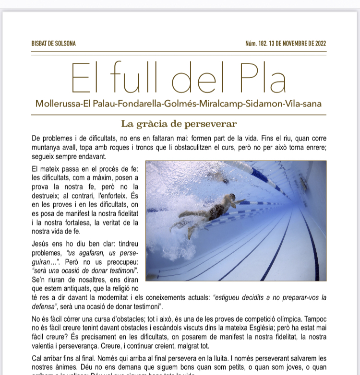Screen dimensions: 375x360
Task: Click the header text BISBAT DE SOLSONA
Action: tap(53, 44)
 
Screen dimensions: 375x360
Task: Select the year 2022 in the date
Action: tap(321, 44)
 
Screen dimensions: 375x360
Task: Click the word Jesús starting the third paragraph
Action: tap(41, 244)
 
